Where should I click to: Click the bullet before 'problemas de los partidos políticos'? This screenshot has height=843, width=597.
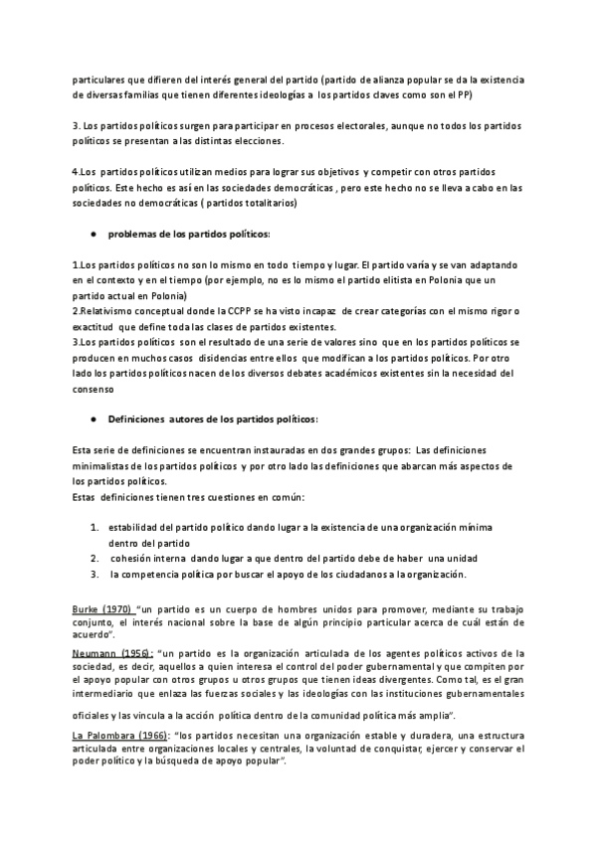pyautogui.click(x=92, y=233)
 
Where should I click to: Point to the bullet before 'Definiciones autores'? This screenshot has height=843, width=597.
pyautogui.click(x=92, y=421)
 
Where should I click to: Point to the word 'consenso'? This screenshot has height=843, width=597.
pyautogui.click(x=97, y=389)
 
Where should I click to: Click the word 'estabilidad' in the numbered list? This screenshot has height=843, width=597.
pyautogui.click(x=136, y=526)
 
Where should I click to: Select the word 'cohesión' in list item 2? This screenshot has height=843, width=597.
pyautogui.click(x=132, y=559)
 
